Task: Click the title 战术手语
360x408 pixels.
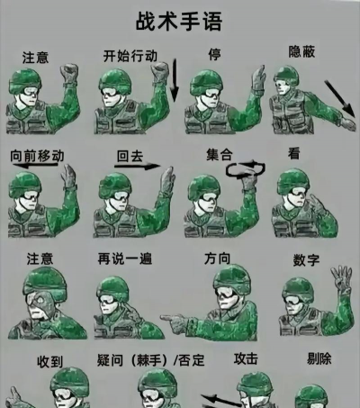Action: (x=179, y=22)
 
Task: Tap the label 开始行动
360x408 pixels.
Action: (x=130, y=56)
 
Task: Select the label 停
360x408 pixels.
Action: (x=214, y=54)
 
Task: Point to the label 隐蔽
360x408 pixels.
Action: (x=301, y=51)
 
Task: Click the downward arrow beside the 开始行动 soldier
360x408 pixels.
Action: (x=174, y=79)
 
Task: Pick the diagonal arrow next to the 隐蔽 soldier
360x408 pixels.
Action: (x=340, y=98)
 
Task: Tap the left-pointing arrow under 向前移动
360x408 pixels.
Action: (x=35, y=165)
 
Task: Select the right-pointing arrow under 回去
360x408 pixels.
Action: (x=138, y=166)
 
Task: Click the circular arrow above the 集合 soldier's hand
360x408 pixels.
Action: (x=246, y=169)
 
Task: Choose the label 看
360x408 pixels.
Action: (x=294, y=153)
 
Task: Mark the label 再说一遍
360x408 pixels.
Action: (x=125, y=258)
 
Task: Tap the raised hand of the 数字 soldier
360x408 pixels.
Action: (x=341, y=278)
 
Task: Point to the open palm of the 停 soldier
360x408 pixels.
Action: (x=258, y=78)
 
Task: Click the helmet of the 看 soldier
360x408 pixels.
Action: (x=292, y=180)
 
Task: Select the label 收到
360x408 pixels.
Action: (x=50, y=362)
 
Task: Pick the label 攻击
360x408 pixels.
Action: (x=246, y=358)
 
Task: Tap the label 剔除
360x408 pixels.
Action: (x=319, y=358)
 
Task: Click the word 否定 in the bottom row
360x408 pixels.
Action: (x=192, y=360)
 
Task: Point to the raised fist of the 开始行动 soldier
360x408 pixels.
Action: (x=160, y=71)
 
